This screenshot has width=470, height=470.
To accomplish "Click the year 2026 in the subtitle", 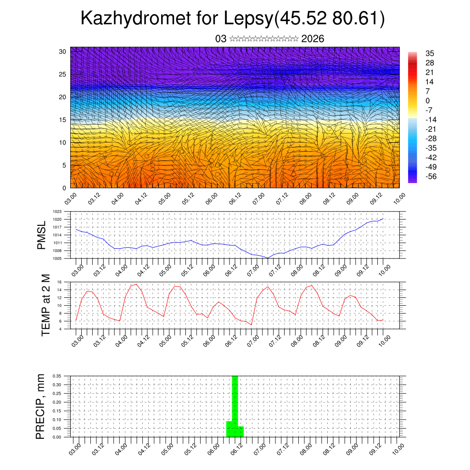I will point(313,39).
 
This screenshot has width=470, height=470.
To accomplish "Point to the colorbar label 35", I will point(430,53).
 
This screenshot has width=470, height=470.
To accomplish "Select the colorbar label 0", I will point(428,101).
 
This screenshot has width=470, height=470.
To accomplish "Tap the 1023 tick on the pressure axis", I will point(57,212).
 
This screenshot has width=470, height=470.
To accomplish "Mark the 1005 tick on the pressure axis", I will point(57,258).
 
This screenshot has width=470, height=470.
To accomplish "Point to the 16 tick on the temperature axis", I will point(59,282).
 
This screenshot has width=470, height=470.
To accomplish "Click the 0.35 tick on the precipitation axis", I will point(56,376).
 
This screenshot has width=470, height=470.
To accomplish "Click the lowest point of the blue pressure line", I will point(268,258).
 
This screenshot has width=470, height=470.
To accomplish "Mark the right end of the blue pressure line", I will point(383,219).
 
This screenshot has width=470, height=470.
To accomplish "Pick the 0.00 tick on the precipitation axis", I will point(56,437).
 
